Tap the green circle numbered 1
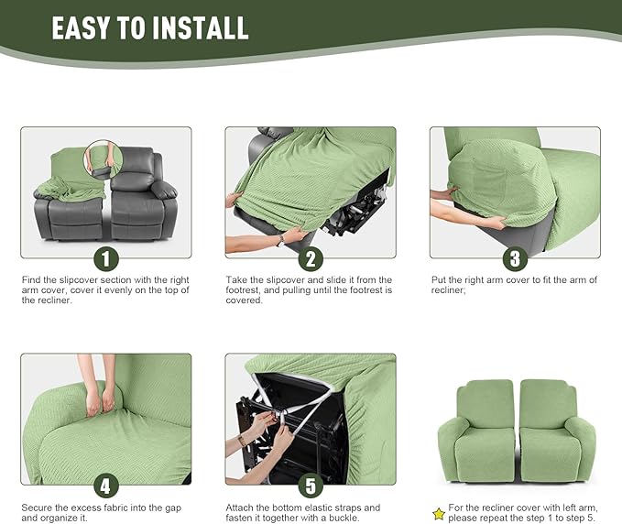coord(106,258)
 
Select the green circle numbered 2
coord(311,258)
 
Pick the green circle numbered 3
coord(515,258)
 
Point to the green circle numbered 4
coord(106,485)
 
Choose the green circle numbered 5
coord(311,485)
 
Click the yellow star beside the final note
coord(439,514)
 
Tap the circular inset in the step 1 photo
coord(103,157)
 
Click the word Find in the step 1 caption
coord(31,279)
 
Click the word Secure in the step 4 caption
coord(38,507)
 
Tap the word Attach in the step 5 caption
coord(240,507)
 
